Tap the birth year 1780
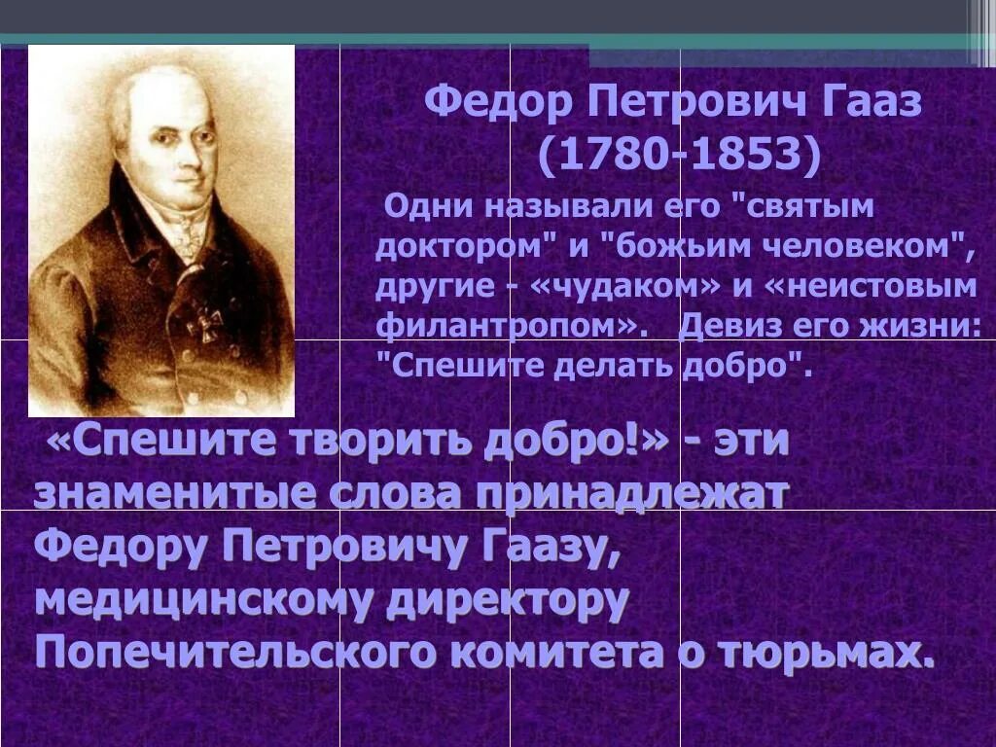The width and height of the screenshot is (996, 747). [609, 154]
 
